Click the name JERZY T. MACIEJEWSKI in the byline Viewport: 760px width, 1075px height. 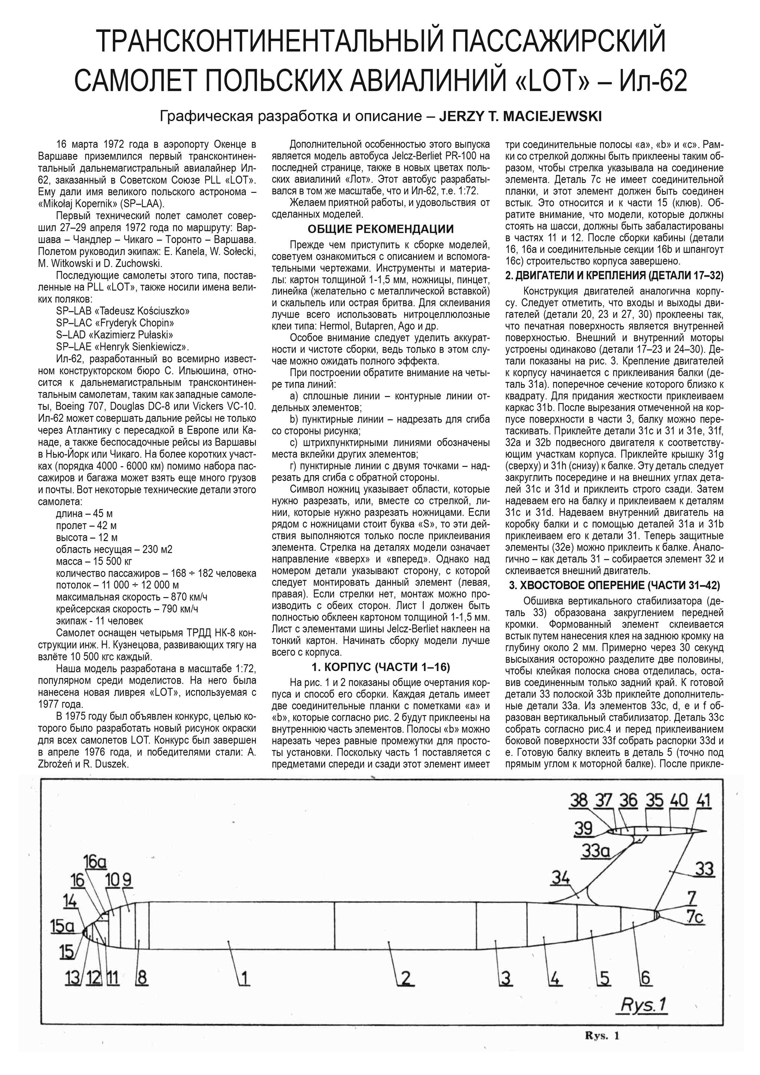pyautogui.click(x=520, y=116)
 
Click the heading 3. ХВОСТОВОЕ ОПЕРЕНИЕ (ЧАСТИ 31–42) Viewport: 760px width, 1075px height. pyautogui.click(x=615, y=585)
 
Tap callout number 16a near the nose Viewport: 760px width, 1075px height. pyautogui.click(x=95, y=861)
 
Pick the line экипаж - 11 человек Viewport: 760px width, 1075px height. pyautogui.click(x=99, y=621)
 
